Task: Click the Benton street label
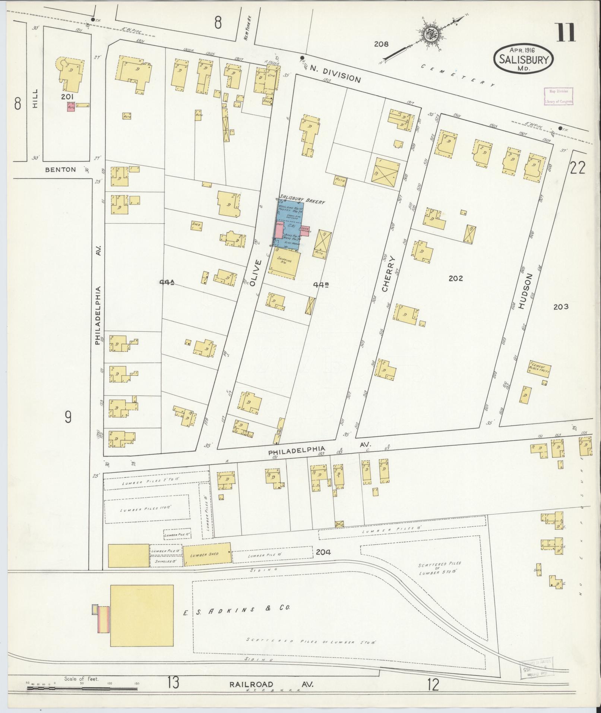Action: point(60,170)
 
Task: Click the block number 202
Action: point(456,278)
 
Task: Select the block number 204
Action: point(323,552)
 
